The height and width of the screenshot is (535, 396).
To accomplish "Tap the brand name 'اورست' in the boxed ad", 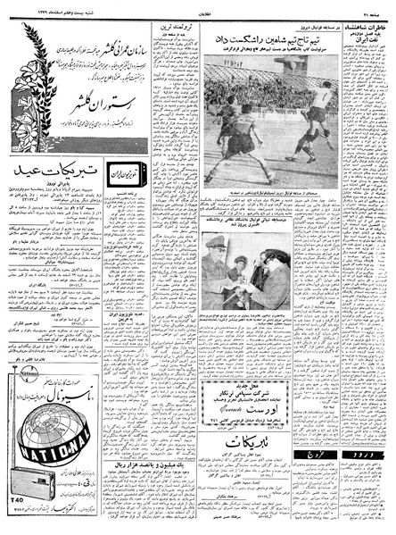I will [x=248, y=378].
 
